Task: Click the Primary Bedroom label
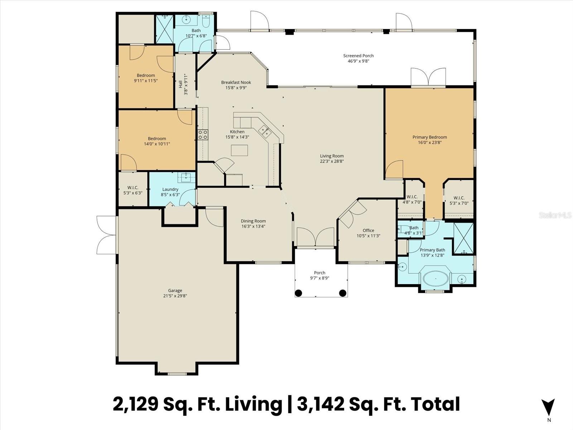coord(429,137)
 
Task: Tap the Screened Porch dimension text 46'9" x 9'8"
coord(358,61)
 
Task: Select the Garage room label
coord(175,290)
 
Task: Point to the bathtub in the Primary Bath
coord(435,278)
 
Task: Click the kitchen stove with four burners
coord(203,135)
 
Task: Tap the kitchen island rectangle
coord(239,150)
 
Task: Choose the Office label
coord(369,230)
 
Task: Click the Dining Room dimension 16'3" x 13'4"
coord(253,226)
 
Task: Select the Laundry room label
coord(170,189)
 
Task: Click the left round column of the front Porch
coord(298,293)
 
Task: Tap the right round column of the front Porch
coord(342,293)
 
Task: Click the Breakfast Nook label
coord(236,82)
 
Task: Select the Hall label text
coord(180,84)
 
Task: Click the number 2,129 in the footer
coord(135,404)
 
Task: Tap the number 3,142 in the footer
coord(321,404)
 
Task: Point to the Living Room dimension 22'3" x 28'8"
coord(332,161)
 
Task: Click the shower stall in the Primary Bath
coord(464,238)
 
